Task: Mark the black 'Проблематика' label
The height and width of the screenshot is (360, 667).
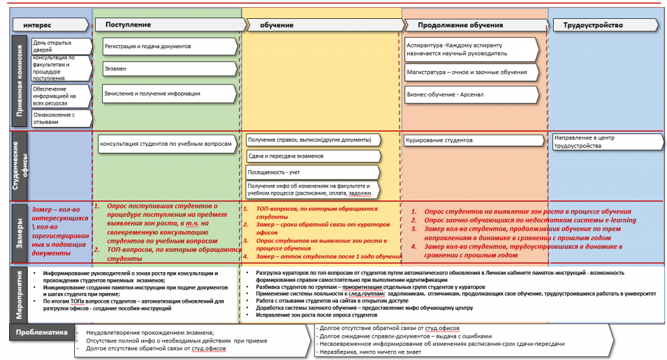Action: pos(40,333)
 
